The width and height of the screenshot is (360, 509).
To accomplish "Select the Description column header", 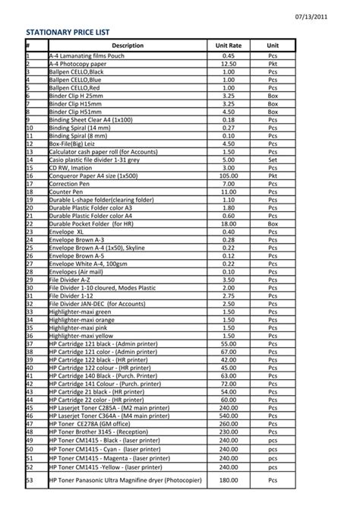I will tap(127, 46).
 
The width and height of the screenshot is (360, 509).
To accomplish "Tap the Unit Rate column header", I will tap(229, 46).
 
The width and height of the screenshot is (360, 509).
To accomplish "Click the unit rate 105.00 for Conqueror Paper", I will tap(229, 175).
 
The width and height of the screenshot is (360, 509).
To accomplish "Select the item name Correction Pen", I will tap(68, 183).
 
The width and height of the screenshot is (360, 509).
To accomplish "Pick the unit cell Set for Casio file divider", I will tap(273, 160).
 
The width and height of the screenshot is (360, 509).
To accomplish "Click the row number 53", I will tap(30, 480).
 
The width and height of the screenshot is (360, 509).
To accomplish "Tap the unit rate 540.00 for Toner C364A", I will tap(229, 415).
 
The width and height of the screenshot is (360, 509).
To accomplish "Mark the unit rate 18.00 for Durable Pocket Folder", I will tap(229, 223).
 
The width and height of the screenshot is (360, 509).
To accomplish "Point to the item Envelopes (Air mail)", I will tap(77, 271).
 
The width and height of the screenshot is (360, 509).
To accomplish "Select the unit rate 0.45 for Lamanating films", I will tap(229, 56).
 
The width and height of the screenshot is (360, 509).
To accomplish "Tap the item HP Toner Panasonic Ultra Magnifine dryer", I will tap(125, 480).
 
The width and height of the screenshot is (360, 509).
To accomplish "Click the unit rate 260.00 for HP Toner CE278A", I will tap(229, 423).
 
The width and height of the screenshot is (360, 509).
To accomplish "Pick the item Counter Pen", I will tap(65, 191).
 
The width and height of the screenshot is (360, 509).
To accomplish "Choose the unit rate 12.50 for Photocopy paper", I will tap(229, 64).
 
